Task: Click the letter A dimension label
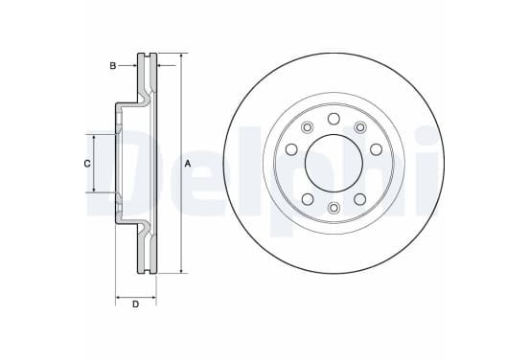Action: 188,164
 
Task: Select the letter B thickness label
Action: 113,66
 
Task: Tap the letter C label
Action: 87,164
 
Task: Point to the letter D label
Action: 135,304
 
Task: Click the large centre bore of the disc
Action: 333,163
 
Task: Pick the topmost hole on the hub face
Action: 333,119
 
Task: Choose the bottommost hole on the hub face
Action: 333,208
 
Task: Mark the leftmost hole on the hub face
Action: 291,149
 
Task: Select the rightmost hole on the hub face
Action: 377,149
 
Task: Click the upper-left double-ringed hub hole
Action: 307,127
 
